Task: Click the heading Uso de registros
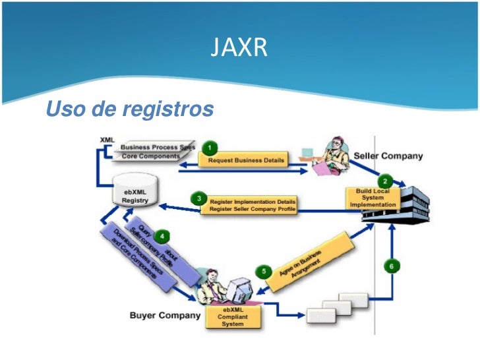[130, 108]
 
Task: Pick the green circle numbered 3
[195, 198]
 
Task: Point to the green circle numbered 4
[162, 237]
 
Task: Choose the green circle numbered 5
[264, 270]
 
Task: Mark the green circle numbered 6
[392, 266]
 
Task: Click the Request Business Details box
[247, 160]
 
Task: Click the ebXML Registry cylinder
[135, 195]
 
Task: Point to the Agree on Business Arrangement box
[310, 257]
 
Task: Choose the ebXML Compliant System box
[234, 316]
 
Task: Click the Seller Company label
[388, 156]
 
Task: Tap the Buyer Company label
[165, 315]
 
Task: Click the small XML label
[105, 140]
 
